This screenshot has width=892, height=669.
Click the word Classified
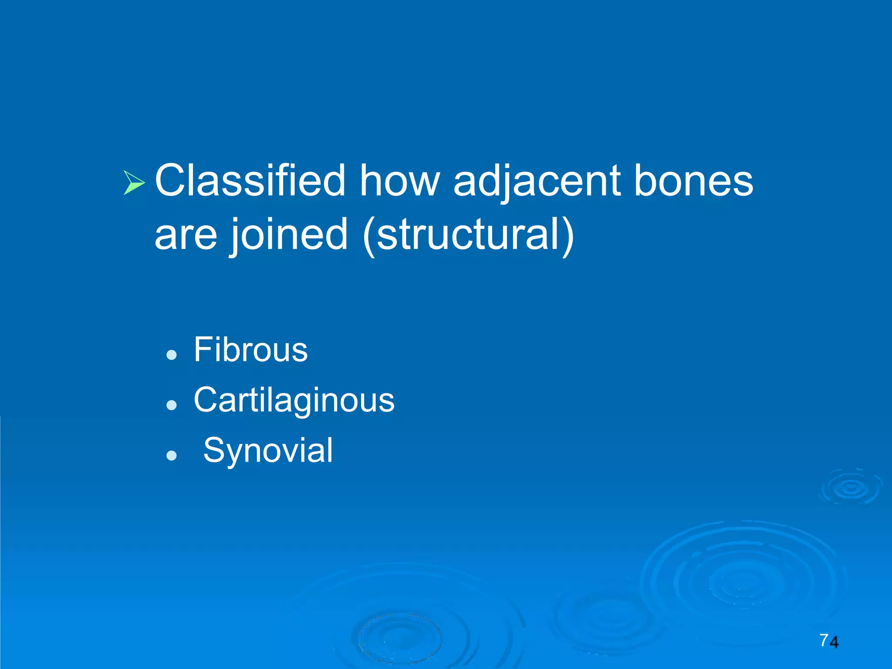(x=250, y=181)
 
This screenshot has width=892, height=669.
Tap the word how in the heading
(x=399, y=181)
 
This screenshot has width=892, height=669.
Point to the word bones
(x=693, y=181)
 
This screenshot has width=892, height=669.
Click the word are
(x=186, y=235)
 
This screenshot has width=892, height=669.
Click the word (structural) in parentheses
(x=468, y=235)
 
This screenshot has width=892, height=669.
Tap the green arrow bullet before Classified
(x=134, y=182)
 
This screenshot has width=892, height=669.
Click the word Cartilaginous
(x=294, y=400)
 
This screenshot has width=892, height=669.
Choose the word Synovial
(x=268, y=450)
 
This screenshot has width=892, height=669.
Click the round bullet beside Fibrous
(x=172, y=355)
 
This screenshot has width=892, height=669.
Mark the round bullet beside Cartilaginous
(x=172, y=405)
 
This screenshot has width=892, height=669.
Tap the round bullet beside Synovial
(x=172, y=456)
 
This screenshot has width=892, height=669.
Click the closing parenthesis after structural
(x=568, y=235)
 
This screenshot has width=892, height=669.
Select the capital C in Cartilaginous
(x=205, y=399)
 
